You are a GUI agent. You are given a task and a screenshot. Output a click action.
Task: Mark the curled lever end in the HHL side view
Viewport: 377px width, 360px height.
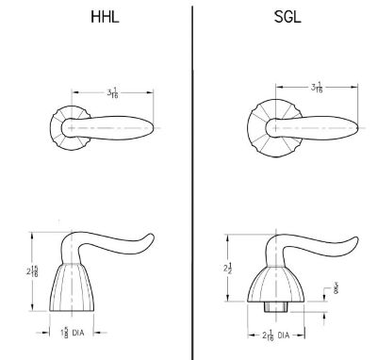(x=146, y=238)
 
